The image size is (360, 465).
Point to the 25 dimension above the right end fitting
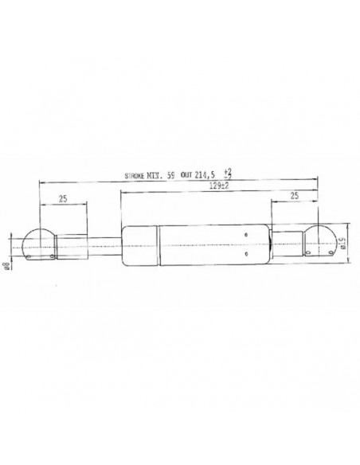295,196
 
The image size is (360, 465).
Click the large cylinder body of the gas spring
199,244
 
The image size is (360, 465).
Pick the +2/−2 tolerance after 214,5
228,172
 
